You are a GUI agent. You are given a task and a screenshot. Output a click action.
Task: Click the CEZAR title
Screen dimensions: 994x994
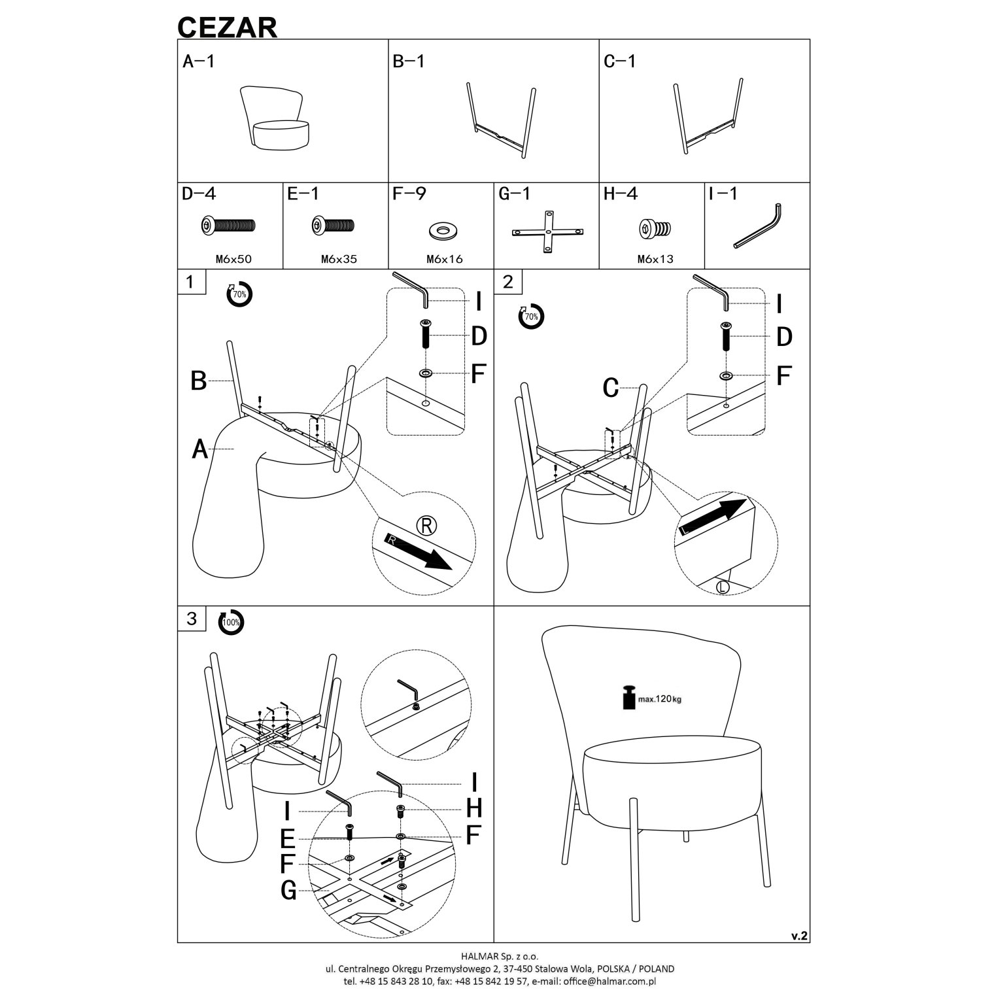pyautogui.click(x=228, y=27)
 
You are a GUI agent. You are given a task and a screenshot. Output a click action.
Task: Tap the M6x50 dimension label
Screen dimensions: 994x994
pyautogui.click(x=233, y=259)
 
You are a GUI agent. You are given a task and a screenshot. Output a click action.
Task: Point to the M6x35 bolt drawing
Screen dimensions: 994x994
pyautogui.click(x=333, y=226)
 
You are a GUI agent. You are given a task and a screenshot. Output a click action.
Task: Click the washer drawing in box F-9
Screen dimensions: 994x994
pyautogui.click(x=444, y=230)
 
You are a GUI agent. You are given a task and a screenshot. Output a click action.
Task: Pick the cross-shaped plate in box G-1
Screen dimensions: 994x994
pyautogui.click(x=547, y=231)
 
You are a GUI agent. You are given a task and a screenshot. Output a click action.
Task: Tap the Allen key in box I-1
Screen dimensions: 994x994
pyautogui.click(x=759, y=226)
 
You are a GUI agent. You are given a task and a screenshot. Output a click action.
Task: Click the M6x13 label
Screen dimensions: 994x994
pyautogui.click(x=655, y=259)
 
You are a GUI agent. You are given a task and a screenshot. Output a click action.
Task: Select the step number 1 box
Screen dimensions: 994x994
pyautogui.click(x=190, y=281)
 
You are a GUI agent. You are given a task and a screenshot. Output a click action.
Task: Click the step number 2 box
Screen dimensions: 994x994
pyautogui.click(x=507, y=281)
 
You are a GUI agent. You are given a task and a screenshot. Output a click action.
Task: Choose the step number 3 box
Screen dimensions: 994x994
pyautogui.click(x=190, y=618)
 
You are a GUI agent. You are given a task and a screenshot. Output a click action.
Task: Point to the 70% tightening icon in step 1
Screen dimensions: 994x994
pyautogui.click(x=239, y=294)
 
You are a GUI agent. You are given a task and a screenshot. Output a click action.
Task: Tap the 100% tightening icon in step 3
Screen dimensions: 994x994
pyautogui.click(x=231, y=622)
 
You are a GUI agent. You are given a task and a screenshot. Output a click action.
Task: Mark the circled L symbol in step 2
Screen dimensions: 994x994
pyautogui.click(x=723, y=587)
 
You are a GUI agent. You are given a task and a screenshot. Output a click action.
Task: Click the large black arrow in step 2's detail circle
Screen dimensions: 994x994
pyautogui.click(x=713, y=517)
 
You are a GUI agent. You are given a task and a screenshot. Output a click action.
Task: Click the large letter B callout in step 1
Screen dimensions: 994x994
pyautogui.click(x=199, y=381)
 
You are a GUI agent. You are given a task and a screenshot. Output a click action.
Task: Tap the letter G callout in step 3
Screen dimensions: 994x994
pyautogui.click(x=288, y=889)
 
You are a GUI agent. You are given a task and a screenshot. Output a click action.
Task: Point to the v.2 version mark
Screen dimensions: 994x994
pyautogui.click(x=799, y=936)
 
